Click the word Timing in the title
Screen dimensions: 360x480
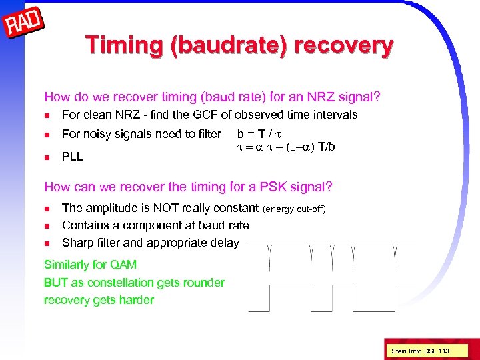pos(126,45)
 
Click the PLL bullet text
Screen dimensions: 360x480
pos(72,157)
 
